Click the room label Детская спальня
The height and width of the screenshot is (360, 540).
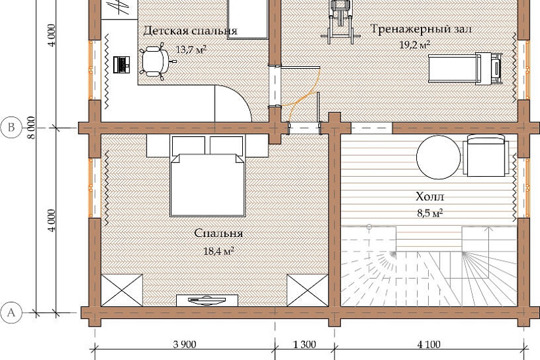[190, 31]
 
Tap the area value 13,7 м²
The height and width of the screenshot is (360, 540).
[191, 50]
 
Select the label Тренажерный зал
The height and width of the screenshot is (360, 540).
[421, 29]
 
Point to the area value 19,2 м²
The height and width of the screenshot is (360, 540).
[414, 45]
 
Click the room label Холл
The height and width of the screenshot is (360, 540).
[430, 197]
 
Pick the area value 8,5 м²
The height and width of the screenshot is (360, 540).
[430, 213]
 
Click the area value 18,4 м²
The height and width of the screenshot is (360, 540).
[219, 251]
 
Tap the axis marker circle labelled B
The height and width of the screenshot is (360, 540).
[11, 128]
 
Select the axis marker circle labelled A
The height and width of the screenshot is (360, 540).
[11, 313]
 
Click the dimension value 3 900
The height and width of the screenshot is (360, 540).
[185, 344]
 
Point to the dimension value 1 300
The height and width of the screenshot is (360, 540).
[304, 344]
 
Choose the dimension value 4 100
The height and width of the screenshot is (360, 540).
[429, 344]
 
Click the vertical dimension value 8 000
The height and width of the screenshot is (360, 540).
[31, 128]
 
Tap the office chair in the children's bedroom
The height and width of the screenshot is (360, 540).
[156, 62]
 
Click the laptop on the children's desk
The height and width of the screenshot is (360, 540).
[122, 64]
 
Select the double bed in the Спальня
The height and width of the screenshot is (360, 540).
[207, 175]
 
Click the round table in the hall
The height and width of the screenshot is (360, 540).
[439, 157]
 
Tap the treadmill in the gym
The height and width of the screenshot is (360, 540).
[465, 69]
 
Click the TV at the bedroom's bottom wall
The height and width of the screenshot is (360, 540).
[207, 300]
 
